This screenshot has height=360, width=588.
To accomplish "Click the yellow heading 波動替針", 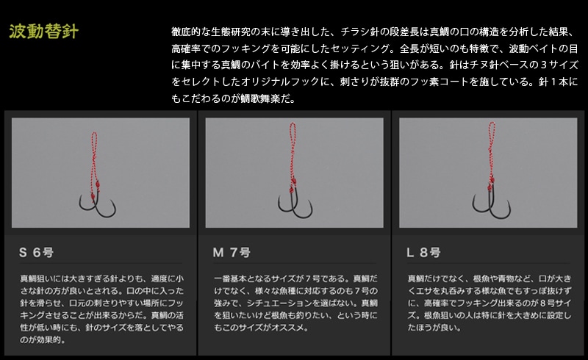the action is pos(44,32).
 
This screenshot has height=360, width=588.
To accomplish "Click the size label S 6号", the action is pos(36,253).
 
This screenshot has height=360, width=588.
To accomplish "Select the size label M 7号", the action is pos(232,253).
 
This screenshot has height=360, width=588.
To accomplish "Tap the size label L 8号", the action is pos(424,253).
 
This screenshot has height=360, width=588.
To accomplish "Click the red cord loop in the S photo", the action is pos(94,157).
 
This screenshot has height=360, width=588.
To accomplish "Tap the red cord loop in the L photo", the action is pos(491,150).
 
